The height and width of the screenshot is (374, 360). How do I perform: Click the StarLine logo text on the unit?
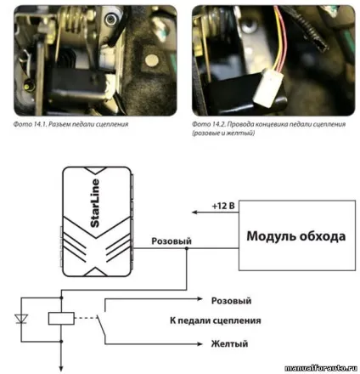pos(95,203)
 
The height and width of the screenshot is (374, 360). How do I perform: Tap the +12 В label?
pos(223,206)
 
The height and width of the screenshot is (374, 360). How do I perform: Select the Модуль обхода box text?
pos(296,236)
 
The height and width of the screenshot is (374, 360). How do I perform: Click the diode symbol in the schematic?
pos(21,319)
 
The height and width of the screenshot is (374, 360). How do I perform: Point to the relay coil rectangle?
pos(61,319)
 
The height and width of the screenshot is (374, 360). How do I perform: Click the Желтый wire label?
pos(229,343)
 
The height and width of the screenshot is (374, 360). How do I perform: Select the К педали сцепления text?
pos(216,320)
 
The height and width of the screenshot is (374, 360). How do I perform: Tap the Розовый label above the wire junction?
pos(172,241)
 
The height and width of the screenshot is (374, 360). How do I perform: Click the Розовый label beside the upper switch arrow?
pos(231,301)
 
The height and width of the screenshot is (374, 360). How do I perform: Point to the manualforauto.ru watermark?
pos(321,368)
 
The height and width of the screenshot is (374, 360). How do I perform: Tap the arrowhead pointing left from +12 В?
pos(194,212)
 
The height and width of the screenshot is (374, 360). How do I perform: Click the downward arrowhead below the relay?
pos(61,369)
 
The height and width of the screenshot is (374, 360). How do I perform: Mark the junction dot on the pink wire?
pos(187,248)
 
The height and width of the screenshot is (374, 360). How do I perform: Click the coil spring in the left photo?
pos(75,23)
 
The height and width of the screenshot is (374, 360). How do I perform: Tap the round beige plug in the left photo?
pos(151,60)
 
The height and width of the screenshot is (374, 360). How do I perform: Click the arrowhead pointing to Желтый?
pos(200,344)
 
